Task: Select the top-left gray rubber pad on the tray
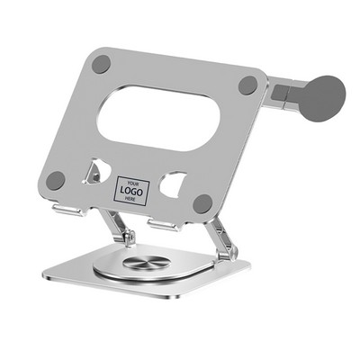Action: pos(101,64)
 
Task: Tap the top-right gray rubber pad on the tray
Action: pos(247,86)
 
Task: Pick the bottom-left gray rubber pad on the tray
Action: pos(56,180)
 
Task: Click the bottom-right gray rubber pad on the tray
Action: pos(202,203)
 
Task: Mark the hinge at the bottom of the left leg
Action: pos(130,238)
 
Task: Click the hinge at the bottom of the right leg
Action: pos(224,255)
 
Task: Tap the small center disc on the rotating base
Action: pos(146,265)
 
